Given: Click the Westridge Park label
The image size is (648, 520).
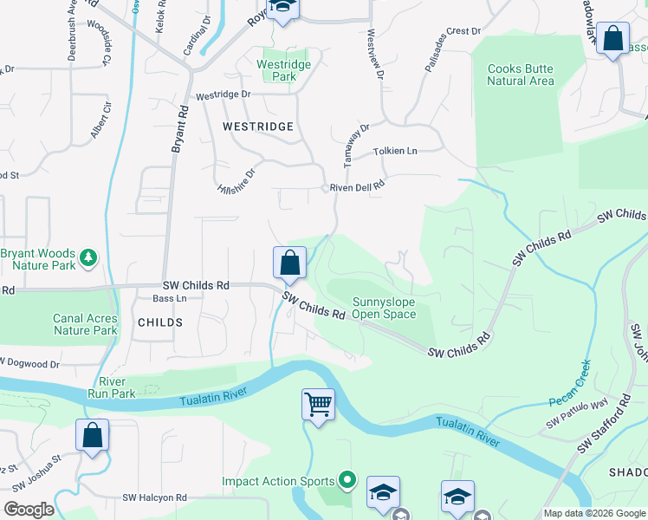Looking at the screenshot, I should (x=283, y=70).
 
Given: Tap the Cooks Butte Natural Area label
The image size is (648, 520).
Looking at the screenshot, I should (x=520, y=75).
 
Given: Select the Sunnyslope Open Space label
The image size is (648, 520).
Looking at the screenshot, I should (x=384, y=309).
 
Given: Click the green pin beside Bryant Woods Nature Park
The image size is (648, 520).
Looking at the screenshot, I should (x=87, y=257).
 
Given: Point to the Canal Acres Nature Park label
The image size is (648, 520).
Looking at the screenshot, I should (x=85, y=324).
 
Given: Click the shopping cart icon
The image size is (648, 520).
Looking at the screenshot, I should (x=318, y=404).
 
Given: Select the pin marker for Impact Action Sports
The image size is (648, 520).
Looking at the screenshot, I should (x=347, y=479).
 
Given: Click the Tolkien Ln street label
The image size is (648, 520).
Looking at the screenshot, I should (x=395, y=151).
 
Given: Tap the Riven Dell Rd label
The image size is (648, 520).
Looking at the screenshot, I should (x=356, y=186).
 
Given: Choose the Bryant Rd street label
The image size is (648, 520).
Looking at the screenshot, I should (x=178, y=130).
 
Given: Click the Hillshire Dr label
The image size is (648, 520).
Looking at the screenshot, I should (x=237, y=180).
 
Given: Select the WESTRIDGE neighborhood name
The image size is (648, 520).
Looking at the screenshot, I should (x=258, y=127).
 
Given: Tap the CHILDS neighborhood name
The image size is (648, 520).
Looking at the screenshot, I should (x=160, y=322).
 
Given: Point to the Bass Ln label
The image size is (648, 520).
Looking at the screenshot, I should (x=170, y=299).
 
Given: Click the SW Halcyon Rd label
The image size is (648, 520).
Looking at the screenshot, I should (x=154, y=497).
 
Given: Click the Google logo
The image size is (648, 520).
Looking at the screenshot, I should (x=29, y=510).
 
